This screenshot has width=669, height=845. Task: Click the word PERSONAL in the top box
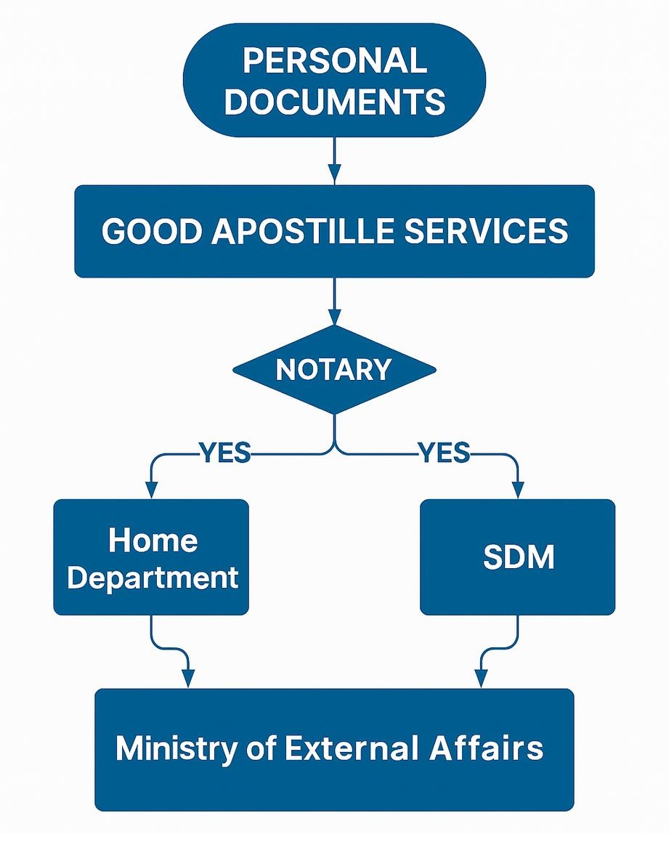[x=334, y=61]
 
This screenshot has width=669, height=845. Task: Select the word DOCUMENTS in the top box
[x=334, y=101]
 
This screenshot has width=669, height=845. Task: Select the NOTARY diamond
[x=334, y=370]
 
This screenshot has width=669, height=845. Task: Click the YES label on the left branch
[x=224, y=454]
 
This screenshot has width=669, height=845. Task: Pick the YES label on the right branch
[x=443, y=454]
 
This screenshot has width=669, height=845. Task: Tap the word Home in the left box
[x=153, y=541]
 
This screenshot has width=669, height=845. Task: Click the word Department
[x=153, y=578]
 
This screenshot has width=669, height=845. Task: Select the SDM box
[x=518, y=557]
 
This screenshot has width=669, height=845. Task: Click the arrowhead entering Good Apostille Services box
[x=334, y=174]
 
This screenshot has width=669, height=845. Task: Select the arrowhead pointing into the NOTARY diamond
[x=334, y=317]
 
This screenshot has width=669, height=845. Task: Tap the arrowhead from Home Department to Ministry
[x=188, y=679]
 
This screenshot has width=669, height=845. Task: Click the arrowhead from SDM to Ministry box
[x=480, y=679]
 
